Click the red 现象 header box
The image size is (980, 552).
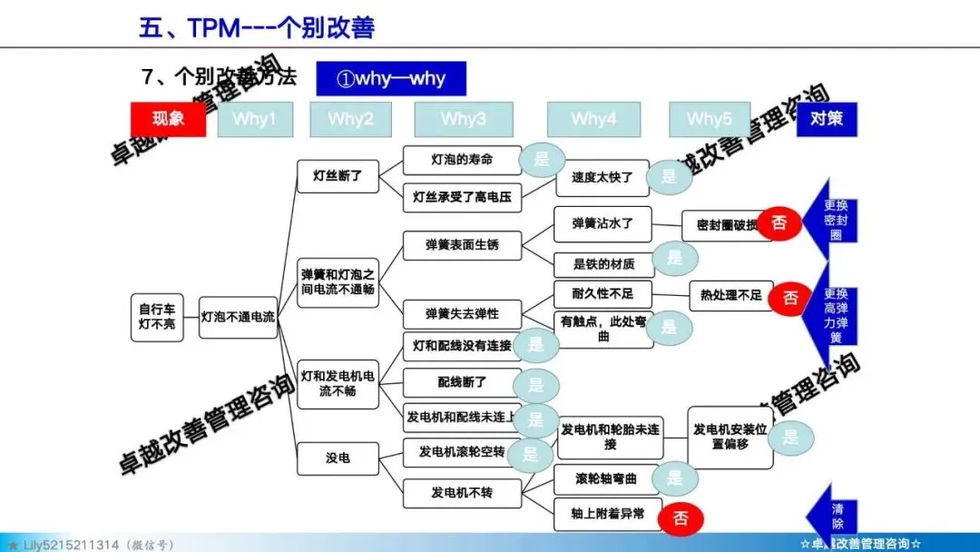pyautogui.click(x=168, y=119)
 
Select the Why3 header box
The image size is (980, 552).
pyautogui.click(x=463, y=119)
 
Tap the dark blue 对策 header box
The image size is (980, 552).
pyautogui.click(x=827, y=119)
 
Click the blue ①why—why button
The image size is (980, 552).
pyautogui.click(x=391, y=78)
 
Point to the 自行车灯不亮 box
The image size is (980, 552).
pyautogui.click(x=158, y=316)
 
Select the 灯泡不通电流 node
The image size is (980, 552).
pyautogui.click(x=238, y=317)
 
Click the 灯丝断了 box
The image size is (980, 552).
pyautogui.click(x=338, y=176)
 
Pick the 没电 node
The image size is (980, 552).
pyautogui.click(x=338, y=458)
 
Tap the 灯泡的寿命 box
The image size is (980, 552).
pyautogui.click(x=462, y=160)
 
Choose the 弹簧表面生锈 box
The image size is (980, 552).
pyautogui.click(x=462, y=244)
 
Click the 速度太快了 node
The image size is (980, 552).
pyautogui.click(x=603, y=178)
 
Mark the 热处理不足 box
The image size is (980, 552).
pyautogui.click(x=731, y=295)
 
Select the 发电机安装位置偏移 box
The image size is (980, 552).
pyautogui.click(x=731, y=437)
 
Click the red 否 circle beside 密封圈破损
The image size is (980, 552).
pyautogui.click(x=779, y=223)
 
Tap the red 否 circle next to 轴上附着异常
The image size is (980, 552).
pyautogui.click(x=681, y=518)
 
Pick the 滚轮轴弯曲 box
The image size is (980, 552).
pyautogui.click(x=606, y=478)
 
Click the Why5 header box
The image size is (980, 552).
pyautogui.click(x=710, y=119)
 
